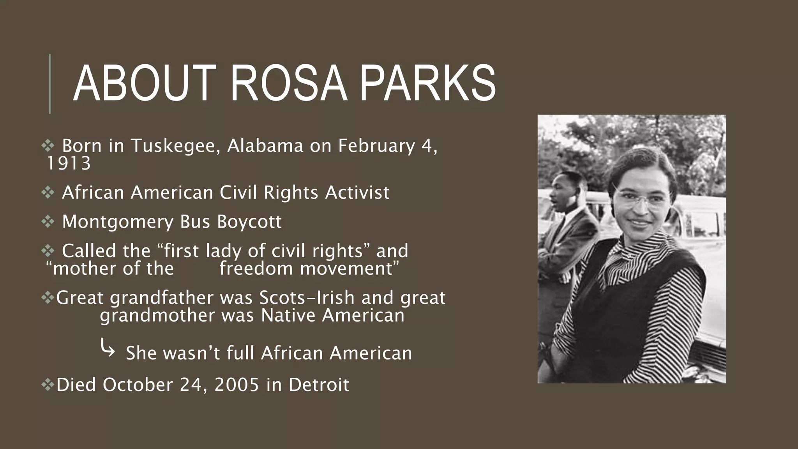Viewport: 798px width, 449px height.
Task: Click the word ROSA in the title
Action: (x=289, y=84)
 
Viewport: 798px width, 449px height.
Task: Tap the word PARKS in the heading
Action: (x=427, y=84)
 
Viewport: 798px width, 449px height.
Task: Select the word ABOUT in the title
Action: (x=145, y=84)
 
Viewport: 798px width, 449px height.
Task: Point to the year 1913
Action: (x=69, y=164)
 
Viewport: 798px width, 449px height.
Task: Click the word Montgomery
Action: (x=118, y=222)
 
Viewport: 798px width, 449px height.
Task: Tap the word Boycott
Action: (x=249, y=222)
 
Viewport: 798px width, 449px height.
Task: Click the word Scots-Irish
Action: (x=307, y=298)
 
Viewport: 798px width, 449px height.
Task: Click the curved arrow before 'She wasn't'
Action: (x=108, y=348)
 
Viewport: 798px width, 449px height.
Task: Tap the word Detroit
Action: (x=319, y=385)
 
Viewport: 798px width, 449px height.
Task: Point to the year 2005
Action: (x=237, y=385)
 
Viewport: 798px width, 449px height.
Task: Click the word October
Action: (x=138, y=385)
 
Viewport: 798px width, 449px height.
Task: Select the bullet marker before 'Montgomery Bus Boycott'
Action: (x=48, y=222)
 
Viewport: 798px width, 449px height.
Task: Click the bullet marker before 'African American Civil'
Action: (x=48, y=193)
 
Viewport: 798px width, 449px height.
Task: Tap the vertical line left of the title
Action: (x=50, y=84)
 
